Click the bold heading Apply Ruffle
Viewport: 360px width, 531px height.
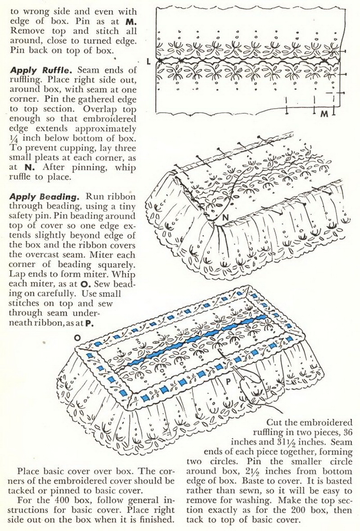[37, 71]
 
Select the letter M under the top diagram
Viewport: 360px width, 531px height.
[324, 114]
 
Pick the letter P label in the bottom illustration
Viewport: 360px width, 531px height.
[228, 381]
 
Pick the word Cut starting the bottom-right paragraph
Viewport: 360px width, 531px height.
[275, 423]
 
